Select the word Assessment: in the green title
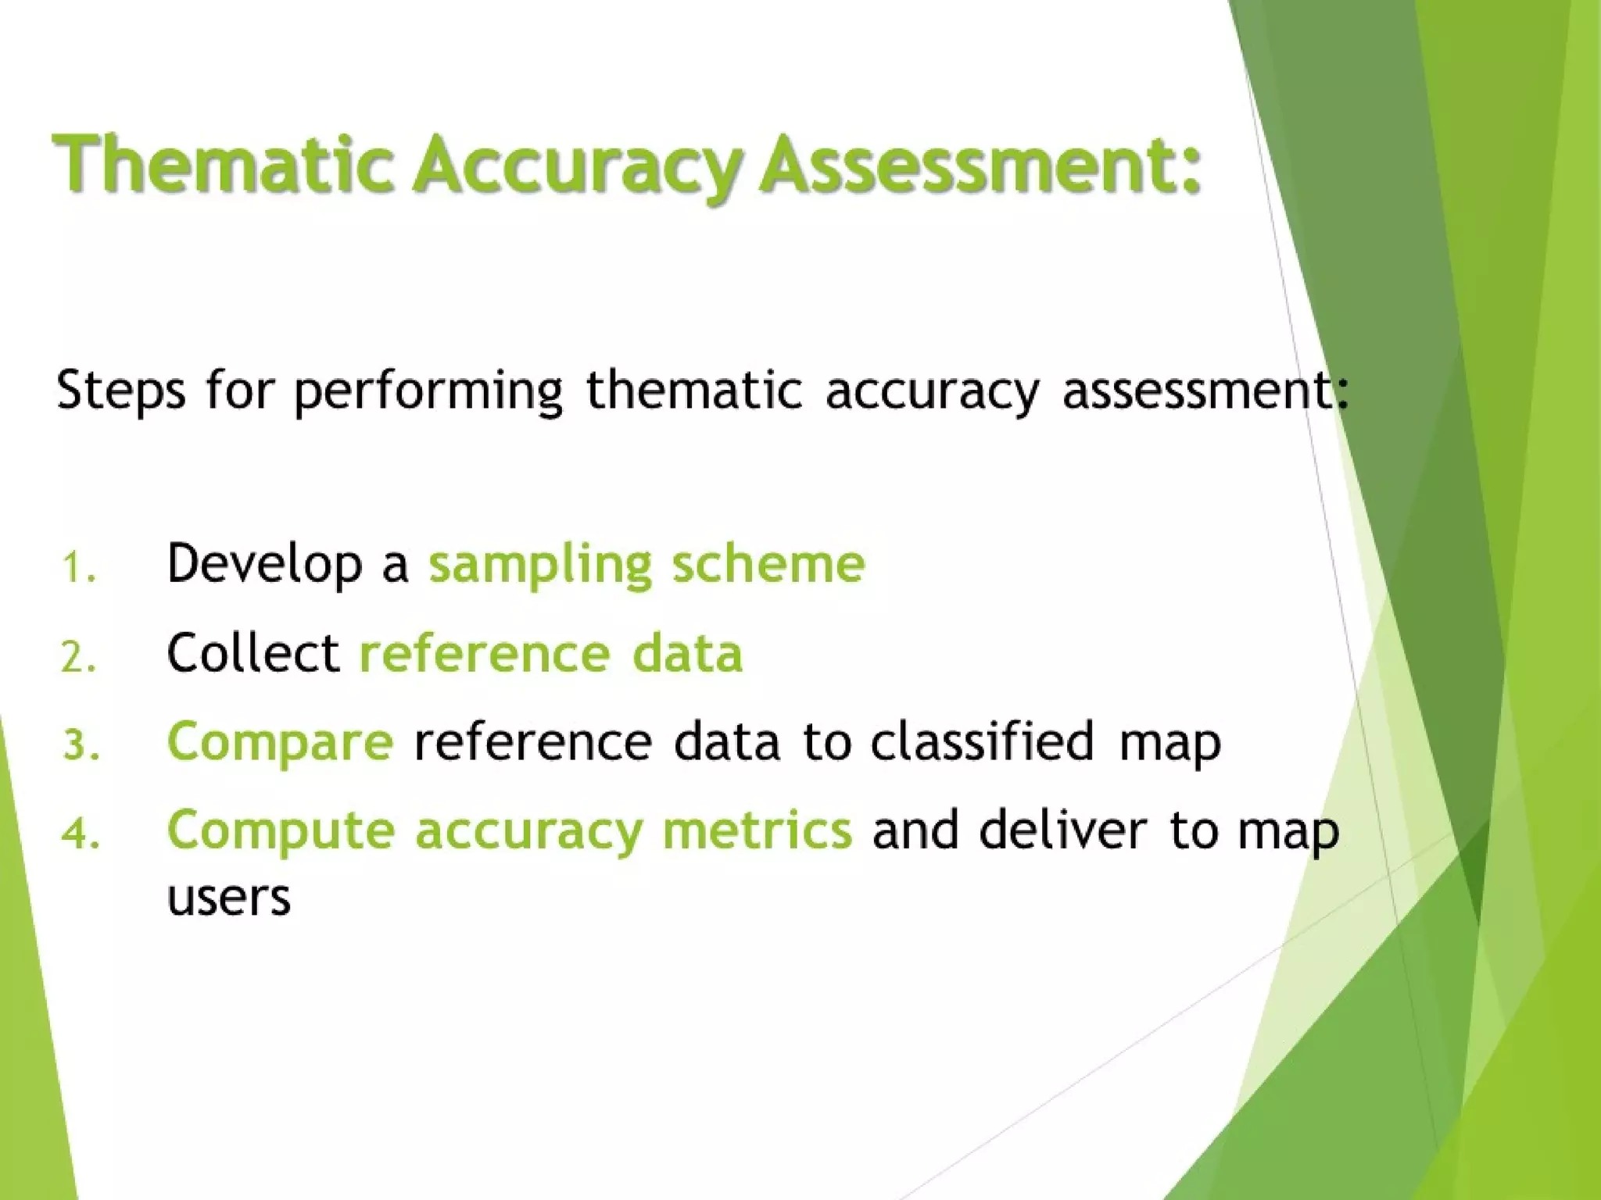981,165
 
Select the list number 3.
81,745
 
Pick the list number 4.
81,834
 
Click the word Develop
264,565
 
